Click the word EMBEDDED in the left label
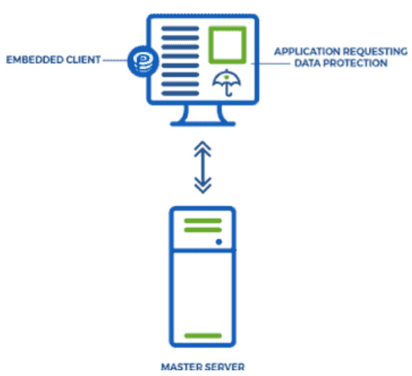(x=34, y=60)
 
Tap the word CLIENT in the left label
(x=83, y=60)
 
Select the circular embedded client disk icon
(x=143, y=61)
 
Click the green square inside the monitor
(x=228, y=45)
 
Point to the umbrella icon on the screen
(x=226, y=82)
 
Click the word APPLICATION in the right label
(x=307, y=51)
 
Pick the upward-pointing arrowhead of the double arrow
(x=203, y=149)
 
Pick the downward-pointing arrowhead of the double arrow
(x=203, y=186)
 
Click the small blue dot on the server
(x=218, y=242)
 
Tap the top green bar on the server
(x=203, y=220)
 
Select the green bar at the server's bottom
(x=203, y=335)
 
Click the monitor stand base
(x=203, y=124)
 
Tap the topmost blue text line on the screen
(x=180, y=28)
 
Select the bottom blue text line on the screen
(x=180, y=93)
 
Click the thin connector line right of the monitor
(x=270, y=63)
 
